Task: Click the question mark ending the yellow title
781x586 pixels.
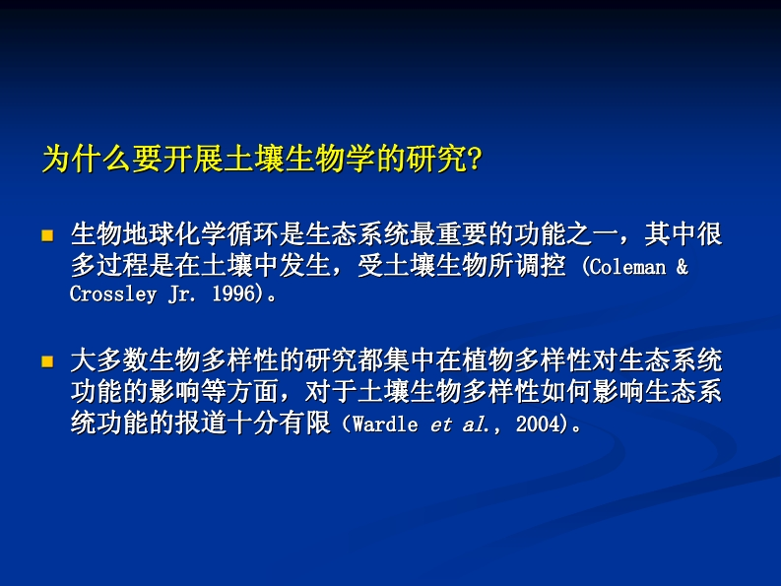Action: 475,160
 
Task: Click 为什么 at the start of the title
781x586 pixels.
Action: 87,160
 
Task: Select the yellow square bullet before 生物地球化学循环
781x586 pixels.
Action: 47,235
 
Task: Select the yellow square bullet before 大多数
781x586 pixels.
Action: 47,361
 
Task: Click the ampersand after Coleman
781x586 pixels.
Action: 683,267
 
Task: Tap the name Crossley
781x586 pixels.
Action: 113,294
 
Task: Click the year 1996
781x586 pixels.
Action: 233,294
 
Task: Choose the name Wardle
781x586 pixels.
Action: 385,424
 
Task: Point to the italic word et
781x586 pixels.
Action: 441,425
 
